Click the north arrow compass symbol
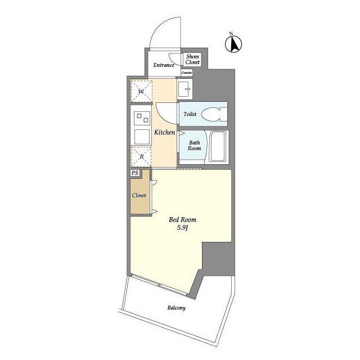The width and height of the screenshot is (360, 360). pyautogui.click(x=233, y=44)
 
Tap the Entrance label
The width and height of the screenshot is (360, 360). pyautogui.click(x=164, y=65)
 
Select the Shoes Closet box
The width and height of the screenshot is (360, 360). pyautogui.click(x=192, y=60)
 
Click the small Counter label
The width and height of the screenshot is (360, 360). pyautogui.click(x=186, y=73)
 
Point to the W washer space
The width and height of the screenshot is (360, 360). pyautogui.click(x=141, y=91)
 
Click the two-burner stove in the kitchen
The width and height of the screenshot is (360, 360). pyautogui.click(x=142, y=118)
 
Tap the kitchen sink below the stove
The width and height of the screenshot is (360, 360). pyautogui.click(x=142, y=137)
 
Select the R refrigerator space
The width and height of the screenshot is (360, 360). pyautogui.click(x=141, y=156)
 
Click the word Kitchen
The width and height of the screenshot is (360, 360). pyautogui.click(x=165, y=133)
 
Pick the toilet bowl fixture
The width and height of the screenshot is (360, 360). pyautogui.click(x=214, y=114)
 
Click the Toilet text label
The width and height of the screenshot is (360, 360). pyautogui.click(x=190, y=114)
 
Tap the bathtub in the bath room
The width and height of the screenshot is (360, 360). pyautogui.click(x=218, y=146)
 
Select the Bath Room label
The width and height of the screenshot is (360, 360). pyautogui.click(x=194, y=146)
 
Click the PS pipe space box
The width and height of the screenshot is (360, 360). pyautogui.click(x=135, y=173)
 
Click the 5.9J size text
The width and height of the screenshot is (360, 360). pyautogui.click(x=182, y=228)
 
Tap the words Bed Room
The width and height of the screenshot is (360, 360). pyautogui.click(x=182, y=220)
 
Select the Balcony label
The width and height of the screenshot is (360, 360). pyautogui.click(x=176, y=308)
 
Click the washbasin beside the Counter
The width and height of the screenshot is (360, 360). pyautogui.click(x=185, y=89)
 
